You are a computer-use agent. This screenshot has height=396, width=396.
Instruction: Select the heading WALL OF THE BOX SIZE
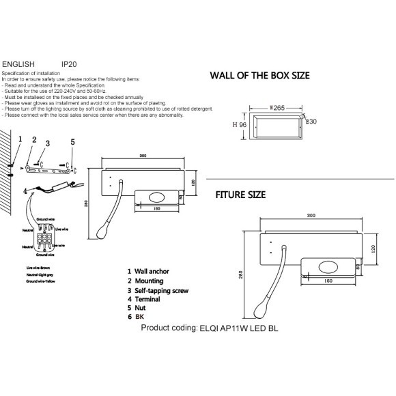coord(259,76)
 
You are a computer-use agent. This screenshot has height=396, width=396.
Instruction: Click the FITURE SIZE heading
coord(240,195)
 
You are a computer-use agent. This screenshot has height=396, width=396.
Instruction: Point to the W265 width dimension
coord(277,107)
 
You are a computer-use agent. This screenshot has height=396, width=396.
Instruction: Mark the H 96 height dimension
coord(238,125)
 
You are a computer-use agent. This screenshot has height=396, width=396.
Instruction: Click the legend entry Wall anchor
coord(150,272)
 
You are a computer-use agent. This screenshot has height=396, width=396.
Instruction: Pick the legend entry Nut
coord(141,309)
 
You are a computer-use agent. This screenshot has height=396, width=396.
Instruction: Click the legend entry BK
coord(139,317)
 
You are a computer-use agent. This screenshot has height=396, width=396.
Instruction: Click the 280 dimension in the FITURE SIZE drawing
coord(241,273)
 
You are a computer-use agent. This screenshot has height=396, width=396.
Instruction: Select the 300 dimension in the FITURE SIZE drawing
coord(311,215)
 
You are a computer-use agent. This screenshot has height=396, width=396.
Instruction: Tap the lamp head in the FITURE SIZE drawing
coord(261,311)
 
